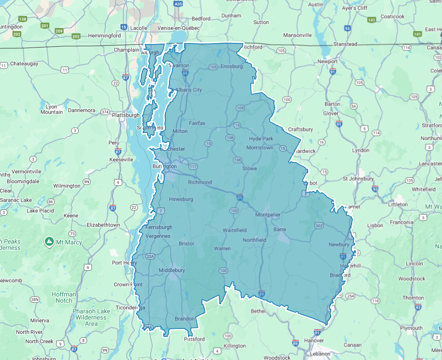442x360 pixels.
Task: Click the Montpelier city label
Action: (268, 215)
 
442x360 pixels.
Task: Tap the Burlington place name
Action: (164, 166)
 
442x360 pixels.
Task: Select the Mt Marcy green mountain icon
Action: (49, 242)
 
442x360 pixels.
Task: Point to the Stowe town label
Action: (249, 168)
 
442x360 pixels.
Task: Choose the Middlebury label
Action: (172, 270)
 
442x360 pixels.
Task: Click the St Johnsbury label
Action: (358, 179)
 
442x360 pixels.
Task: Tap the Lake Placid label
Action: (40, 211)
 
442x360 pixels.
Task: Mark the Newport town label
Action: (327, 61)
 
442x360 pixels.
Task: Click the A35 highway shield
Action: (178, 4)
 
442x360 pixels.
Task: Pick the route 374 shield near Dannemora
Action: (105, 112)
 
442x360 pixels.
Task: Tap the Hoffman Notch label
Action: (64, 297)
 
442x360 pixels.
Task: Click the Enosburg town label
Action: (232, 66)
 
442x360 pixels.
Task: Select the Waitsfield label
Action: (234, 230)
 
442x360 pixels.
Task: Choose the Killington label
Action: (235, 346)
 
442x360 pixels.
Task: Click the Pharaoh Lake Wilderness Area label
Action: (91, 317)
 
